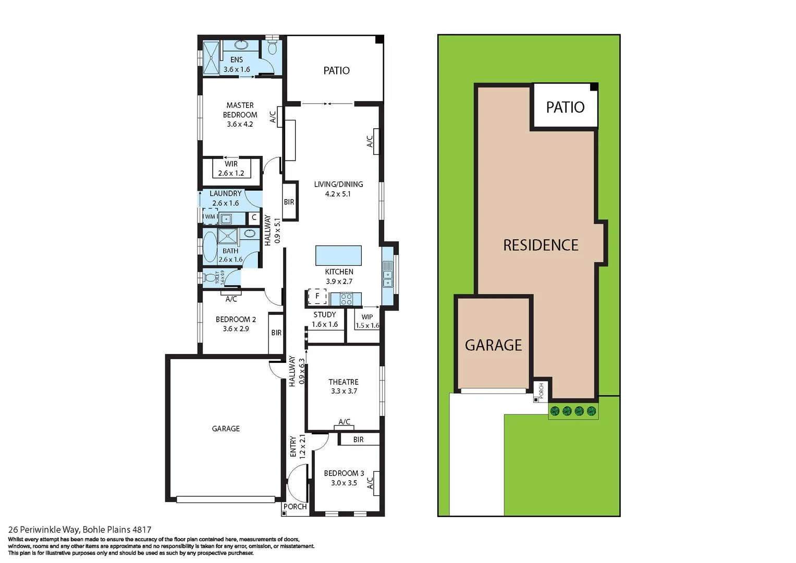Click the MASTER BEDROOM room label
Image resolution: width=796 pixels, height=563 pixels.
(240, 110)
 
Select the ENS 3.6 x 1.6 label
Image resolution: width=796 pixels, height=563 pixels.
(237, 65)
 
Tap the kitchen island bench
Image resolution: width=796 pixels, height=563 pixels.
(338, 255)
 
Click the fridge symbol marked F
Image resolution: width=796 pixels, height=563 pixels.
(317, 296)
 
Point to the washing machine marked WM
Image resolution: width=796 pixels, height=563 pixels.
(210, 216)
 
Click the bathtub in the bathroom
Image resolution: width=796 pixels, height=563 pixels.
(210, 247)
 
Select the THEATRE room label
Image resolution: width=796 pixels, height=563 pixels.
(344, 382)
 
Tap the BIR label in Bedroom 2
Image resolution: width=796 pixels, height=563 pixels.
(276, 333)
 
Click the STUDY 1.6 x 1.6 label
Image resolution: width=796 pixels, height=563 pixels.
(325, 319)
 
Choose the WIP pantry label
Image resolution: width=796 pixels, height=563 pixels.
(367, 317)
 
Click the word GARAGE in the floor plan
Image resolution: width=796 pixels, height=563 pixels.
(226, 429)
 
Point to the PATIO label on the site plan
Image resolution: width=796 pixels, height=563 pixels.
(565, 107)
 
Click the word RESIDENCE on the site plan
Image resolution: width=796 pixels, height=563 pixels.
(541, 246)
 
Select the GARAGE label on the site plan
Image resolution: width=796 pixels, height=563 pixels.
(493, 345)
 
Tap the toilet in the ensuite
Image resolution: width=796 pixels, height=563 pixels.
(272, 48)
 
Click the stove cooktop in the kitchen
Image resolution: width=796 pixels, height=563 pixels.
(347, 299)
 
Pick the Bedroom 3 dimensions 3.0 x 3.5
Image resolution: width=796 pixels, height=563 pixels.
(344, 483)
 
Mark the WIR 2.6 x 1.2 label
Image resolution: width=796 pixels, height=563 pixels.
(231, 168)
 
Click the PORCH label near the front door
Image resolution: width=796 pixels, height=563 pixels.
(295, 507)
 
